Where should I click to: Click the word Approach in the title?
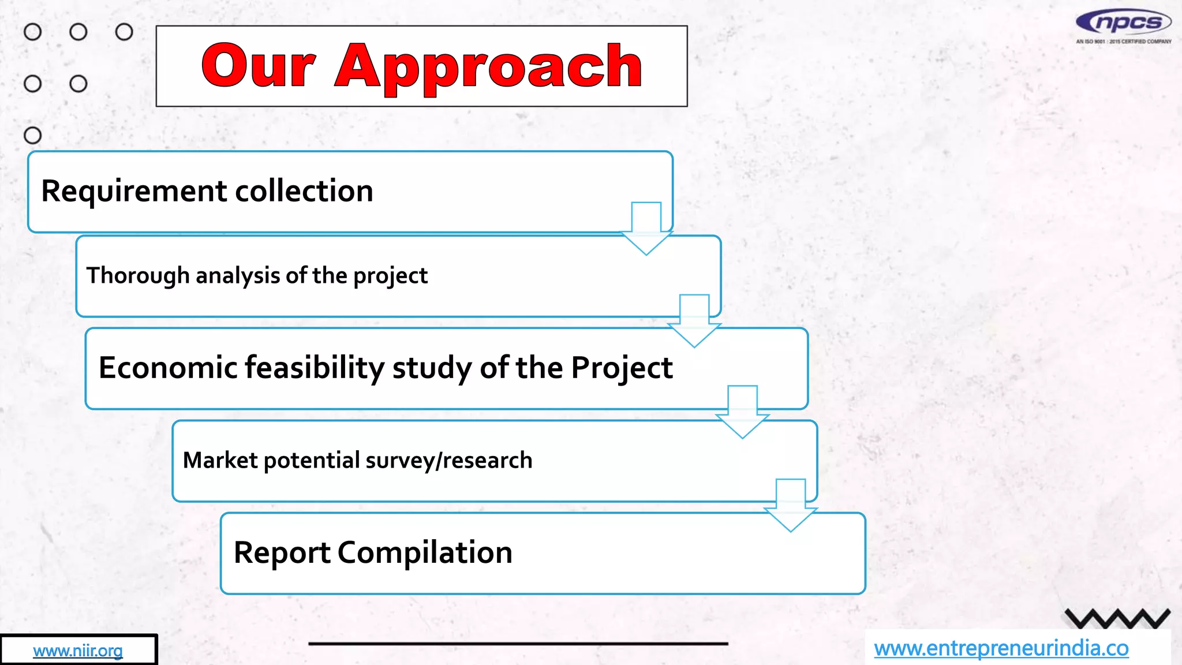tap(488, 68)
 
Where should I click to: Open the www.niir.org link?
tap(78, 651)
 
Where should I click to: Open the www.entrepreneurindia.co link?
tap(1001, 648)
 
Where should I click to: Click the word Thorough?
tap(138, 275)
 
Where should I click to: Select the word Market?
tap(220, 460)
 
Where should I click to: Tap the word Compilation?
tap(425, 552)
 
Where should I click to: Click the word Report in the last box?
tap(282, 552)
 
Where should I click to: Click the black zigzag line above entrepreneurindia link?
tap(1117, 619)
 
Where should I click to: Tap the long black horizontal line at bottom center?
tap(518, 643)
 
